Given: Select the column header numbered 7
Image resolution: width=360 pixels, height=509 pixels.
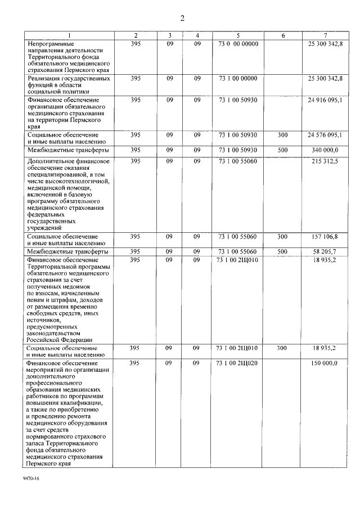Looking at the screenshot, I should [x=325, y=35].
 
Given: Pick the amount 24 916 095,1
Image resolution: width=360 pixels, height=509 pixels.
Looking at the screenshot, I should [x=325, y=100].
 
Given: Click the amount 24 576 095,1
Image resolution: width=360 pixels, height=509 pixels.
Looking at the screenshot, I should [x=325, y=135].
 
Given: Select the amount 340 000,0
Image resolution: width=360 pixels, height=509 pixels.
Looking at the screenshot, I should [x=326, y=150].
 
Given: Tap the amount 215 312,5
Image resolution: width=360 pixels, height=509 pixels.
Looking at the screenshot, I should [x=326, y=161].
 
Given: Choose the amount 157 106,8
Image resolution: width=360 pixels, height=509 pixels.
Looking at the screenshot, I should [x=326, y=237].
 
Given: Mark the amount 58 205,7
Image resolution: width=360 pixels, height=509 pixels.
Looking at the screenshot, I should [x=326, y=251].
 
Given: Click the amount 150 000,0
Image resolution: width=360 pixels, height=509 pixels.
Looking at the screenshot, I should [x=326, y=363].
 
